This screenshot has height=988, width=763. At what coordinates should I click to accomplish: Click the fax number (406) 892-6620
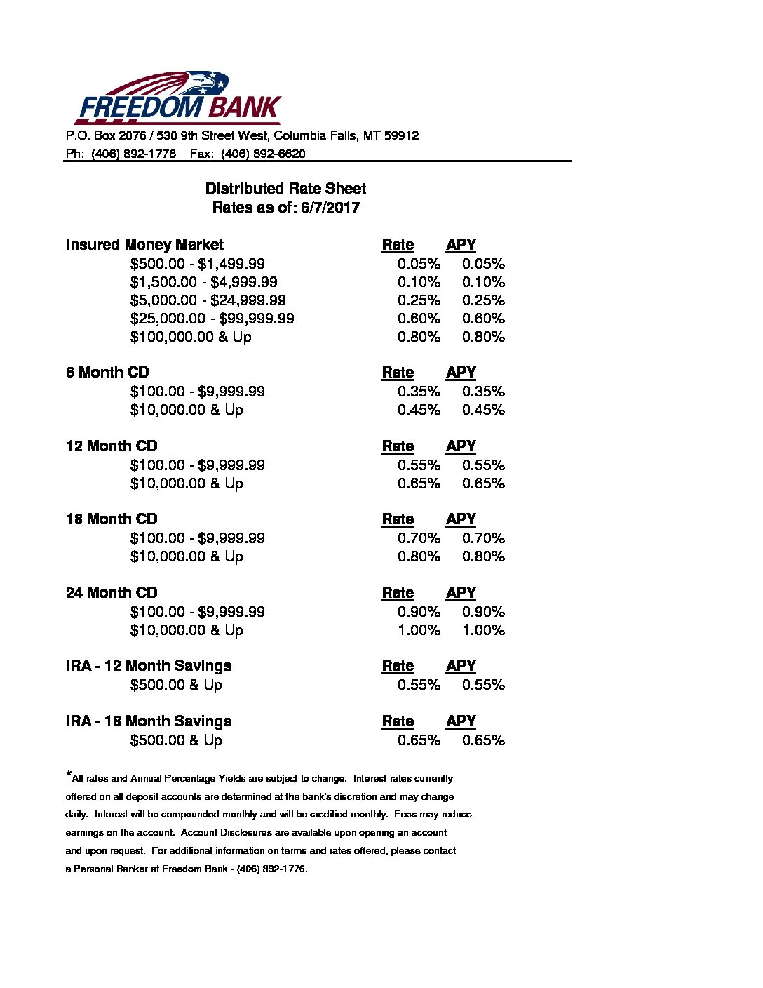263,154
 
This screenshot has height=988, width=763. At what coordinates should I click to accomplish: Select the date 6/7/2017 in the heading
330,208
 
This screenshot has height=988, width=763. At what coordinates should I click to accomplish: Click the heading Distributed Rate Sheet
285,189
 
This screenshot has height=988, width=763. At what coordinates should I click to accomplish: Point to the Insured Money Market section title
144,245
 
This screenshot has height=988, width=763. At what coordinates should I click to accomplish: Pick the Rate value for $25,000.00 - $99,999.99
419,319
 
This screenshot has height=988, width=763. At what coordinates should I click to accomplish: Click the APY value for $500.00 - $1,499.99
483,264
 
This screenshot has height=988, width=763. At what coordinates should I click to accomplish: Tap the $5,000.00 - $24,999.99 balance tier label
208,300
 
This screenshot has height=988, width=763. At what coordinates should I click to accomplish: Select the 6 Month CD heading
107,373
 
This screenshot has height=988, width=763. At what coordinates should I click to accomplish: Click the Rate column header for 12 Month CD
398,446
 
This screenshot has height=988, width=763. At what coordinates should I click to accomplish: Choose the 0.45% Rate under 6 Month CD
419,410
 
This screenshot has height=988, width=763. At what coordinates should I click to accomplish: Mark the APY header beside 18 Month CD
461,519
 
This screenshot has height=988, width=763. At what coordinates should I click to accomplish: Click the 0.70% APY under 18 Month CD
483,538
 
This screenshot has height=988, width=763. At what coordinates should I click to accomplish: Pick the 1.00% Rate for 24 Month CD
419,630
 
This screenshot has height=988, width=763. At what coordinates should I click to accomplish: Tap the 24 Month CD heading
112,593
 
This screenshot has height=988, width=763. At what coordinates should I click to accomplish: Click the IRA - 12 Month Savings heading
149,666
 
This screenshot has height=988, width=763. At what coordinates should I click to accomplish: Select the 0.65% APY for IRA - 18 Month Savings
483,740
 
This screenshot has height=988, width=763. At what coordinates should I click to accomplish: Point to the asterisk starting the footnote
69,775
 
